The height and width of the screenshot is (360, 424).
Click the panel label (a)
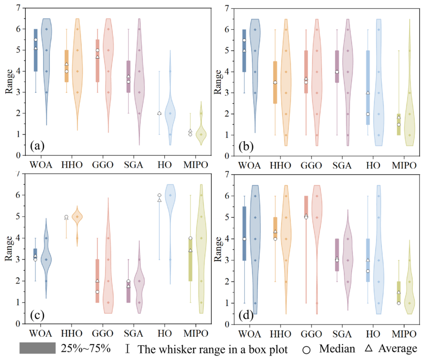[37, 146]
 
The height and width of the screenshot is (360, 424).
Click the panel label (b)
[246, 147]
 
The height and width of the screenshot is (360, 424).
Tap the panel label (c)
[37, 315]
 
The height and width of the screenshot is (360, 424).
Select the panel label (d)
[246, 316]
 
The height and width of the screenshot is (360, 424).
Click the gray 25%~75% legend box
[37, 348]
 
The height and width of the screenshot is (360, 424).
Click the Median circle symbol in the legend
[306, 350]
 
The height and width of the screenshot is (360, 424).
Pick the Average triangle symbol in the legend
[369, 348]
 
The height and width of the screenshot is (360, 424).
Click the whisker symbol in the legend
[127, 348]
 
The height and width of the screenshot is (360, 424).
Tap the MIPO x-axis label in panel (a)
[196, 164]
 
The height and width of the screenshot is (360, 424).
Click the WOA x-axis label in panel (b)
[250, 165]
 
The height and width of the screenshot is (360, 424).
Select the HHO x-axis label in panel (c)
[71, 333]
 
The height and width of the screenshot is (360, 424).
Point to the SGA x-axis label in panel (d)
[342, 334]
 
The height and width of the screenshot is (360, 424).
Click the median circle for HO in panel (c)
[159, 195]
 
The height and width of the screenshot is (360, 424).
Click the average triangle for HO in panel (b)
[368, 92]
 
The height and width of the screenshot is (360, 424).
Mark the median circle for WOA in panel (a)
[36, 40]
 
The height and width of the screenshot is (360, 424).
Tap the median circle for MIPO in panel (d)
[399, 303]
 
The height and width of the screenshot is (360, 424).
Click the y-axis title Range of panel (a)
[9, 81]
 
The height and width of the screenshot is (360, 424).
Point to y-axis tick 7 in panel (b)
[226, 8]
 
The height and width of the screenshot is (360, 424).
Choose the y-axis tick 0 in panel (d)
[226, 324]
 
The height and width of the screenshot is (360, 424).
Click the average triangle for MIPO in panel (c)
[190, 250]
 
